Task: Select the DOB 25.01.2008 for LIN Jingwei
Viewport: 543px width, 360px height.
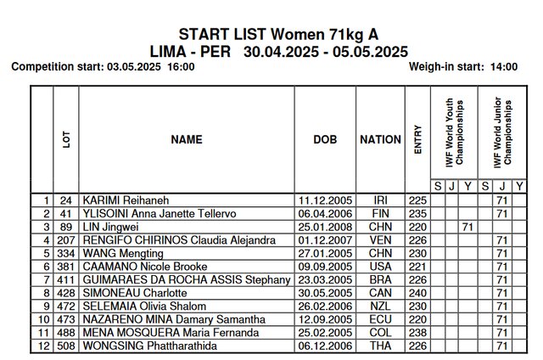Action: pyautogui.click(x=325, y=228)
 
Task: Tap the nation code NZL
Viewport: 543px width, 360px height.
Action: pyautogui.click(x=380, y=307)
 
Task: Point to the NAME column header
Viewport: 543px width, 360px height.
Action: pyautogui.click(x=186, y=139)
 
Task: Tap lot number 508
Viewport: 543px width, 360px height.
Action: pyautogui.click(x=67, y=346)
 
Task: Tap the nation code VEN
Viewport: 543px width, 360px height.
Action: pyautogui.click(x=380, y=240)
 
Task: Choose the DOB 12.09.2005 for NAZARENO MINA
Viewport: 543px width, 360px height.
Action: pyautogui.click(x=325, y=319)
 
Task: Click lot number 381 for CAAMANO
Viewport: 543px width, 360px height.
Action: pyautogui.click(x=67, y=267)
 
